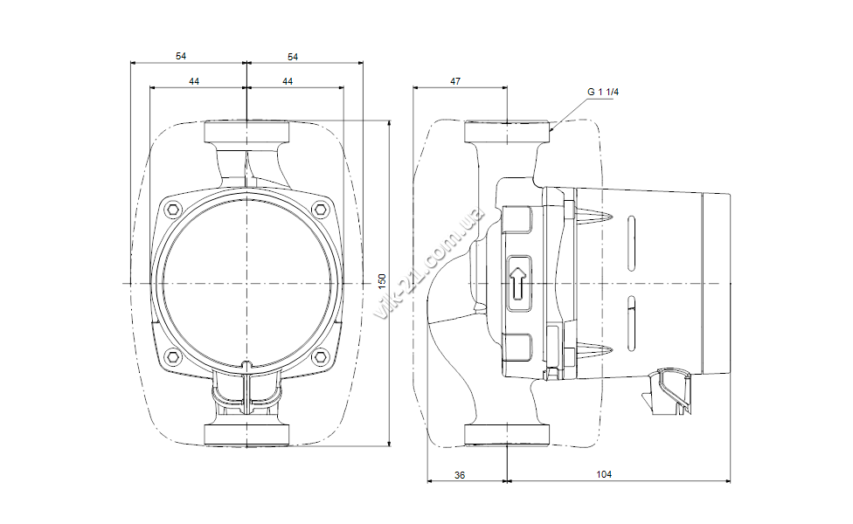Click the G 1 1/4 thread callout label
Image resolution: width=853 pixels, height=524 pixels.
[603, 92]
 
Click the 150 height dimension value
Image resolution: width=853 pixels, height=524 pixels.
[382, 281]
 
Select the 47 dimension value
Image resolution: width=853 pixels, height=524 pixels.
[455, 81]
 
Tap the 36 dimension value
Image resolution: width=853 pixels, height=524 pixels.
[460, 475]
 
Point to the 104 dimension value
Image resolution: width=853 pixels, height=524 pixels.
[604, 474]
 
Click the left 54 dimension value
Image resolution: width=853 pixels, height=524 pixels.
[181, 56]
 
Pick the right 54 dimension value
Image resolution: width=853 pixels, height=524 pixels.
[293, 57]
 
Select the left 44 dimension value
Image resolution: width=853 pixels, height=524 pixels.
[194, 81]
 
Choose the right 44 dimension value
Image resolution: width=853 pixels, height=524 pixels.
[288, 81]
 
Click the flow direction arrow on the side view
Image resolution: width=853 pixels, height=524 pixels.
[519, 283]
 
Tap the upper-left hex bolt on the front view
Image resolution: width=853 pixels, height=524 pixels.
[174, 210]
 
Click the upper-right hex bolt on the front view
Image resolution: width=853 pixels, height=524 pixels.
[320, 210]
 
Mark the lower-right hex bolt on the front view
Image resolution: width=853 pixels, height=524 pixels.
[320, 356]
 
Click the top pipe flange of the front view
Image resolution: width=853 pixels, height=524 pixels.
[246, 132]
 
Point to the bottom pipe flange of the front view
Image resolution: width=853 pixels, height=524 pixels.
[246, 435]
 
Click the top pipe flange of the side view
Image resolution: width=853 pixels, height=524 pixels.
[507, 132]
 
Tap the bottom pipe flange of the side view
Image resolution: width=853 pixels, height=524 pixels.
[507, 435]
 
